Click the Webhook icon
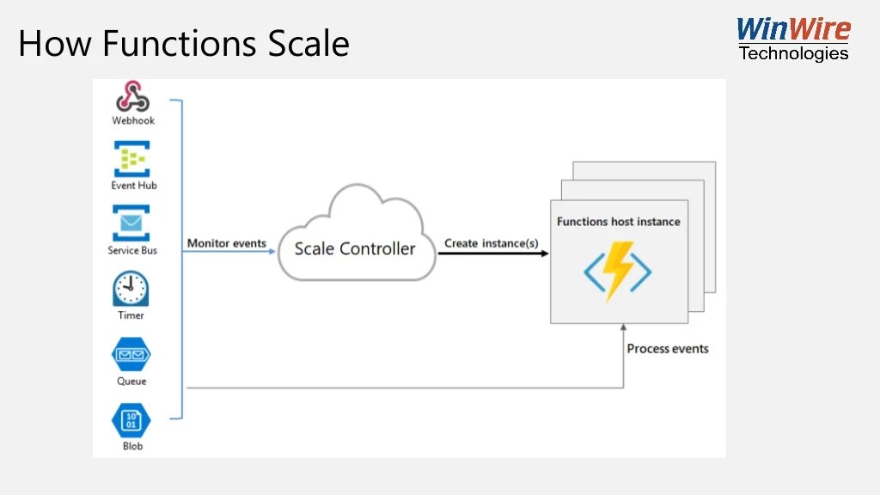pyautogui.click(x=132, y=96)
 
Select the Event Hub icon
pyautogui.click(x=132, y=159)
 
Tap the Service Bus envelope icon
pyautogui.click(x=131, y=223)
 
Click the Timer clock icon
pyautogui.click(x=131, y=290)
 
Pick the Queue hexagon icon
pyautogui.click(x=131, y=355)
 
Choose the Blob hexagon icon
pyautogui.click(x=131, y=420)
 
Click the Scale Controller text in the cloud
pyautogui.click(x=355, y=249)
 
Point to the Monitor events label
pyautogui.click(x=227, y=243)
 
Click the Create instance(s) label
pyautogui.click(x=492, y=243)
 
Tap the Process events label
pyautogui.click(x=668, y=349)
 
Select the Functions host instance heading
pyautogui.click(x=618, y=222)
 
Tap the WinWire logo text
pyautogui.click(x=793, y=30)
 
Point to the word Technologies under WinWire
pyautogui.click(x=793, y=53)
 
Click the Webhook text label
pyautogui.click(x=133, y=121)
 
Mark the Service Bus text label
pyautogui.click(x=132, y=251)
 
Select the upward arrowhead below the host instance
pyautogui.click(x=624, y=328)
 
